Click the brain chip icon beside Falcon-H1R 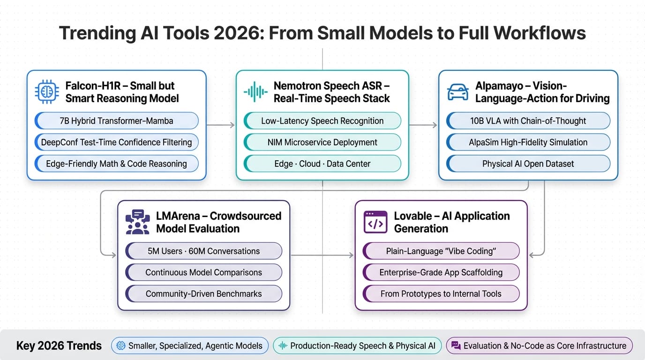click(x=47, y=92)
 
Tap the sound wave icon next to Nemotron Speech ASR click(x=255, y=92)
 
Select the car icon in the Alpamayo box click(x=458, y=92)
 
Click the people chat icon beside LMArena click(x=137, y=222)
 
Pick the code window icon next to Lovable click(x=375, y=222)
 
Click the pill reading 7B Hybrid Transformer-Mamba click(x=116, y=121)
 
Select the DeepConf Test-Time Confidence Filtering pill click(x=116, y=142)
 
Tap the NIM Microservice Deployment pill click(x=322, y=142)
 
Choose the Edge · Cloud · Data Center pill click(x=322, y=164)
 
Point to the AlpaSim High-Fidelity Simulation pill click(x=528, y=142)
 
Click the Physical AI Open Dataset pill click(x=528, y=164)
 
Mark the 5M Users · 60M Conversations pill click(x=203, y=251)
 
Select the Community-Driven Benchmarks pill click(x=203, y=294)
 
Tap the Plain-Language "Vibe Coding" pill click(x=441, y=251)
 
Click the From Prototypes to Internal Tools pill click(x=441, y=294)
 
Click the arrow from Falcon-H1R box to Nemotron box click(x=221, y=125)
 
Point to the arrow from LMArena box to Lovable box click(x=322, y=255)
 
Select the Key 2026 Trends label click(x=59, y=346)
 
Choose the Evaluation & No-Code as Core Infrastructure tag click(x=539, y=346)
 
